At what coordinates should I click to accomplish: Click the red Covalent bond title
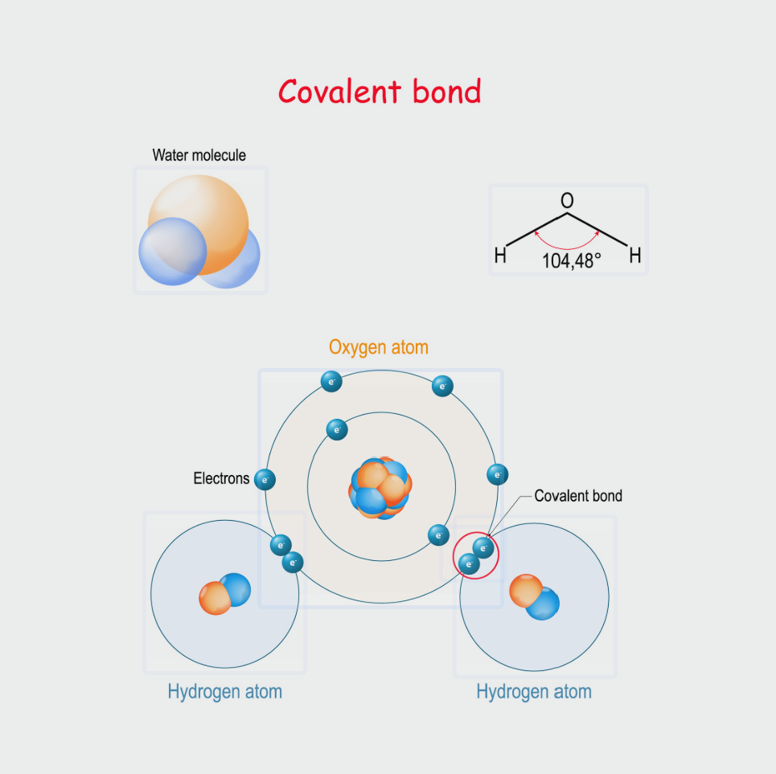pyautogui.click(x=380, y=92)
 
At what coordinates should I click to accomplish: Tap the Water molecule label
pyautogui.click(x=199, y=155)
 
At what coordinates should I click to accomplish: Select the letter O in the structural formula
pyautogui.click(x=567, y=200)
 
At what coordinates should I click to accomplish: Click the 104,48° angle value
pyautogui.click(x=572, y=261)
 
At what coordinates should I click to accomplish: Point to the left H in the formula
pyautogui.click(x=500, y=256)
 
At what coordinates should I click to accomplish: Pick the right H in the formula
pyautogui.click(x=635, y=256)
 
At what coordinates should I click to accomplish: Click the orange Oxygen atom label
pyautogui.click(x=379, y=348)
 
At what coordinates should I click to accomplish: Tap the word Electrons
pyautogui.click(x=221, y=478)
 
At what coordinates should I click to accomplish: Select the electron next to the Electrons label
pyautogui.click(x=265, y=480)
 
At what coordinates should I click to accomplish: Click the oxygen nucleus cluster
pyautogui.click(x=380, y=488)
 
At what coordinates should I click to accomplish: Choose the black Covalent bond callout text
pyautogui.click(x=578, y=496)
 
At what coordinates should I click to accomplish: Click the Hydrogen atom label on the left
pyautogui.click(x=224, y=692)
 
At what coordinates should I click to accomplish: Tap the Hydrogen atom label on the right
pyautogui.click(x=534, y=692)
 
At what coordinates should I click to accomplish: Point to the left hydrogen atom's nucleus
pyautogui.click(x=224, y=594)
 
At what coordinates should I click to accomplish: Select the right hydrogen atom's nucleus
pyautogui.click(x=535, y=597)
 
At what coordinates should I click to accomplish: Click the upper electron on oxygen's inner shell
pyautogui.click(x=337, y=430)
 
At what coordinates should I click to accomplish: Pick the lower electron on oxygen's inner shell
pyautogui.click(x=438, y=535)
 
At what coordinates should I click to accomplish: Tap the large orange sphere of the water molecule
pyautogui.click(x=199, y=224)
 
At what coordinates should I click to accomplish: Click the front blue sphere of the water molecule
pyautogui.click(x=173, y=252)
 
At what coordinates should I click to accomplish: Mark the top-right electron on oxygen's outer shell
pyautogui.click(x=442, y=387)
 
